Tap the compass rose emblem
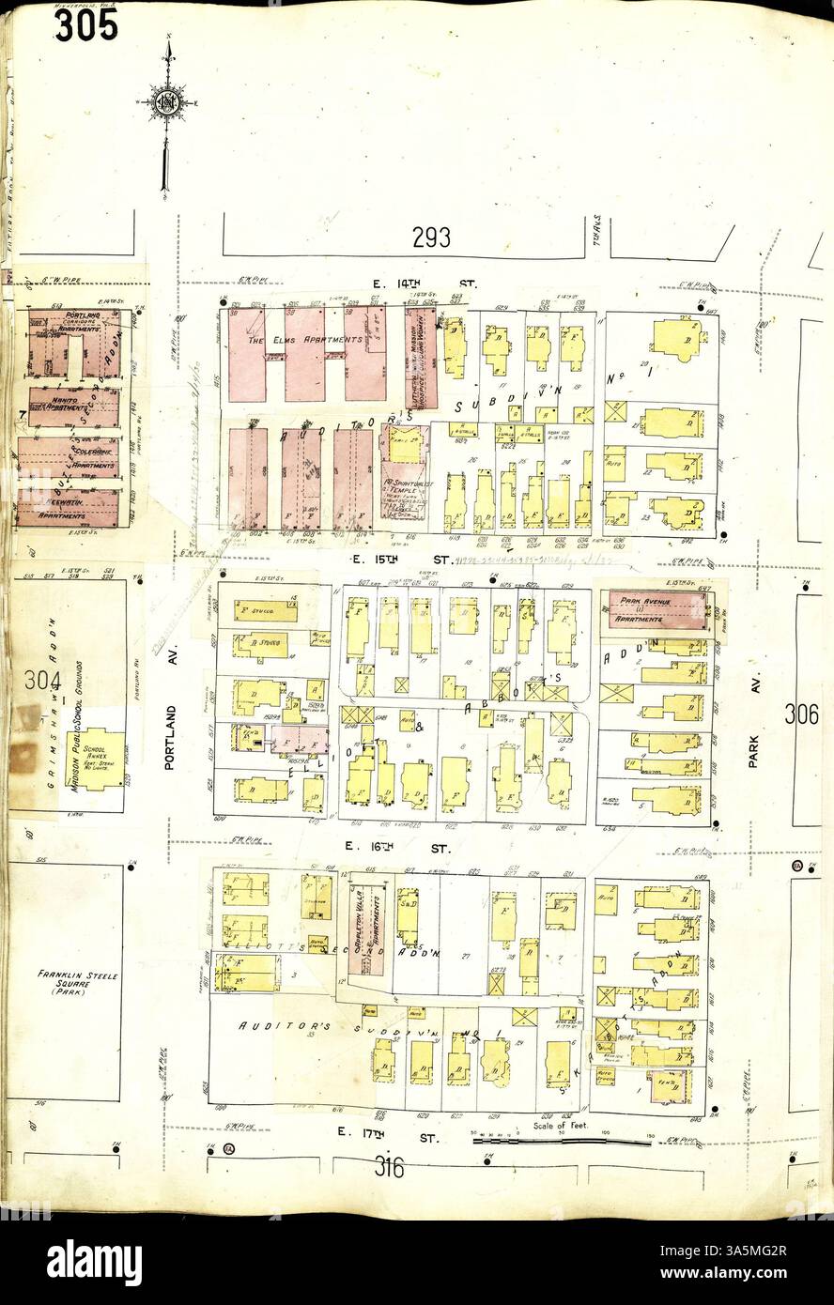pyautogui.click(x=169, y=102)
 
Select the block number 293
pyautogui.click(x=430, y=238)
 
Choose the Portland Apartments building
pyautogui.click(x=73, y=343)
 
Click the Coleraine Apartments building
pyautogui.click(x=69, y=457)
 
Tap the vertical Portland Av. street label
pyautogui.click(x=171, y=726)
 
